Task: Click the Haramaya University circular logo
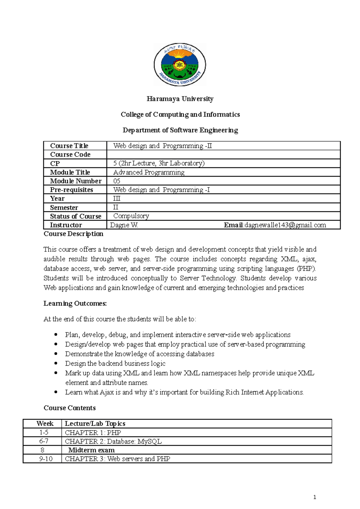(x=180, y=65)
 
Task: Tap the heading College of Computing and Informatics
(x=180, y=115)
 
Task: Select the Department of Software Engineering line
(x=180, y=130)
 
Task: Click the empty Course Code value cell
(x=223, y=155)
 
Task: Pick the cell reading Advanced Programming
(x=149, y=172)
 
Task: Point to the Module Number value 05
(x=117, y=181)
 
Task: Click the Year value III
(x=116, y=199)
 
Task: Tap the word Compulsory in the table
(x=131, y=216)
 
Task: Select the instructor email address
(x=285, y=225)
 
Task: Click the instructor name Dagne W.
(x=124, y=225)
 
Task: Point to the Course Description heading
(x=73, y=234)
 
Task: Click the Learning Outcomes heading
(x=75, y=303)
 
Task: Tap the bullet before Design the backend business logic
(x=56, y=363)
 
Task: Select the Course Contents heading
(x=70, y=408)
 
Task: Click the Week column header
(x=45, y=424)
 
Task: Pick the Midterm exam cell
(x=91, y=450)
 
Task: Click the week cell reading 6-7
(x=44, y=441)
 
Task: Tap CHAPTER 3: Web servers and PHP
(x=117, y=459)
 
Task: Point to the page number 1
(x=314, y=497)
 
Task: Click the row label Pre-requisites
(x=71, y=190)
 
